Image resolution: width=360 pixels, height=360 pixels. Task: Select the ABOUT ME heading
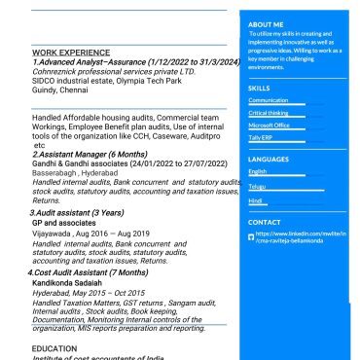(266, 24)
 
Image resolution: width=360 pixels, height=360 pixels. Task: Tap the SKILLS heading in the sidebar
(259, 88)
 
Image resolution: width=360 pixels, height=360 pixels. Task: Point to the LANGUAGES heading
(269, 159)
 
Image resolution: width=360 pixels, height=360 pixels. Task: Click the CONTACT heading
(265, 223)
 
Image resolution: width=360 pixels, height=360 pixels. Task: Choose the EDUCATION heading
(54, 347)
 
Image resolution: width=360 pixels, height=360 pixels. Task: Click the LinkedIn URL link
(301, 238)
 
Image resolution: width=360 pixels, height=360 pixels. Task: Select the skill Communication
(269, 100)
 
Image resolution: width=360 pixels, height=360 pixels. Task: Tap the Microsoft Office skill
(269, 126)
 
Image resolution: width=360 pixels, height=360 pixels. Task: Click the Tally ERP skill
(260, 137)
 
